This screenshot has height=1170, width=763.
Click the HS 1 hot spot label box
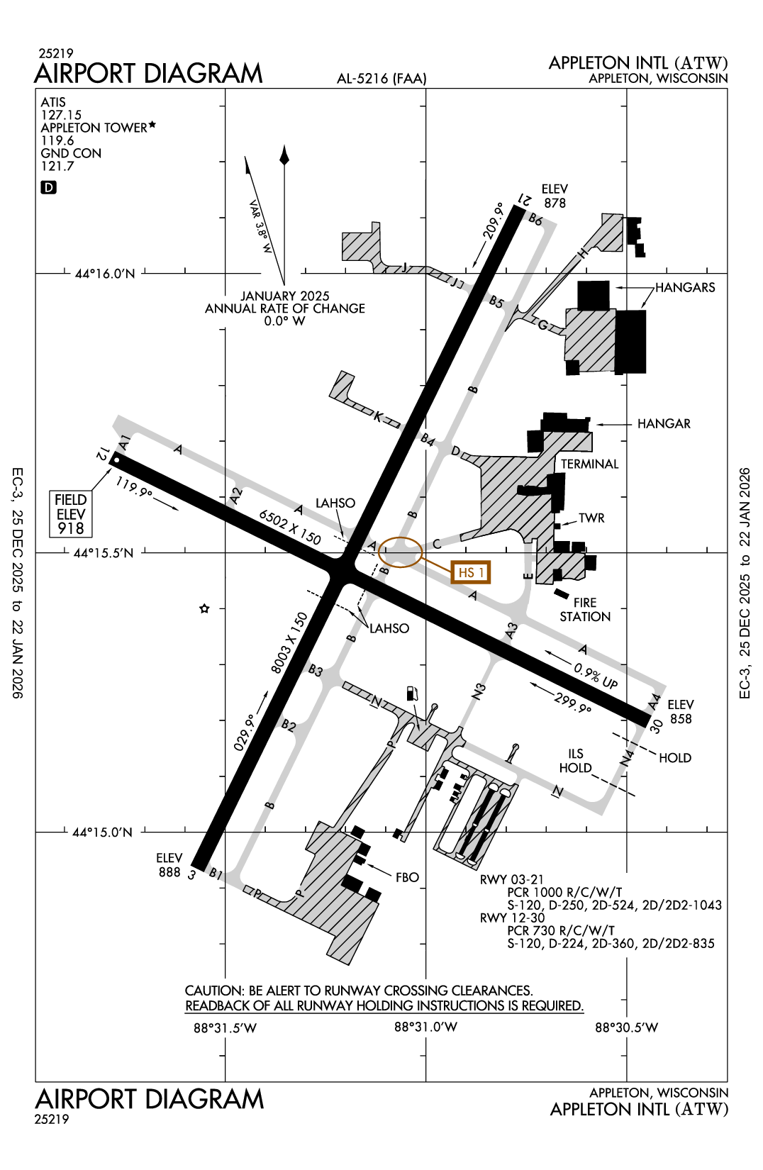coord(471,572)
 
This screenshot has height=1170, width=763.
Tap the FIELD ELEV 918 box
coord(71,514)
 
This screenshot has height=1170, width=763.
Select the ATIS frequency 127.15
coord(61,115)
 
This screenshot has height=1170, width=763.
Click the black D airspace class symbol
coord(48,187)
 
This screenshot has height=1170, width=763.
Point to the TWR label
coord(591,518)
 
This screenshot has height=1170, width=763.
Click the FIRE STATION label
coord(585,610)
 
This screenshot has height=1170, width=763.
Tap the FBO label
coord(407,877)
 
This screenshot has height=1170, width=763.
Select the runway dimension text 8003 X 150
coord(289,642)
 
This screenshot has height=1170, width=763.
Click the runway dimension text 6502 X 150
coord(290,527)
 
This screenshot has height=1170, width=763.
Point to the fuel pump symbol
coord(412,693)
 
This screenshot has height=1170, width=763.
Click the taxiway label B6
coord(535,219)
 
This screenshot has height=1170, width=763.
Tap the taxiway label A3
coord(511,630)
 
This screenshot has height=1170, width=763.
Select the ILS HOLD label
coord(575,761)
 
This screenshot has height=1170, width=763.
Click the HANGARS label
coord(685,287)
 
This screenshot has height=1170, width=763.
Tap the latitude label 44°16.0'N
coord(105,274)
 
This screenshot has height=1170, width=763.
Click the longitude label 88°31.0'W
coord(425,1027)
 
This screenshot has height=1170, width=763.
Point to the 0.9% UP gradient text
coord(596,676)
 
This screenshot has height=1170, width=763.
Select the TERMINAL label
coord(589,464)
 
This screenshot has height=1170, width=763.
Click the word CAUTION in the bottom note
coord(213,991)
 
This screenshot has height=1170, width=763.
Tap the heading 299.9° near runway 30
coord(572,703)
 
